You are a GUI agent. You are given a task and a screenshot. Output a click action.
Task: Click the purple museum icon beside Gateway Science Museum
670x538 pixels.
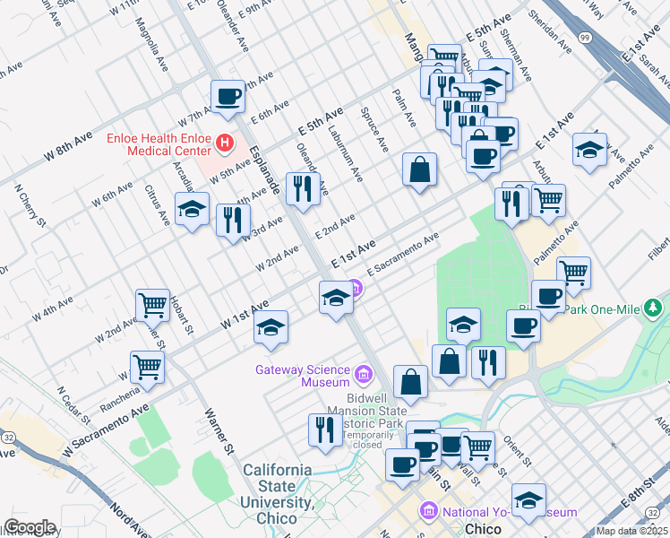(x=364, y=373)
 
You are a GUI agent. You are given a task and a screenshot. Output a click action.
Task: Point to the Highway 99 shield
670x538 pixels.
(x=584, y=37)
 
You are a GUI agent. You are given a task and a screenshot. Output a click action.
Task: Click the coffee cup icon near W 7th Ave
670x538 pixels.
(x=228, y=96)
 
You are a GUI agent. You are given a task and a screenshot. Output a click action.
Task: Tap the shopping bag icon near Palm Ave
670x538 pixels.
(x=419, y=169)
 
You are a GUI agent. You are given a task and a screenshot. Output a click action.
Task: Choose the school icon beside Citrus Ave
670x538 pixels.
(x=192, y=210)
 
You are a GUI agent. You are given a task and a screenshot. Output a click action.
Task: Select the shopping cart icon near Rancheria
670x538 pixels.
(x=147, y=365)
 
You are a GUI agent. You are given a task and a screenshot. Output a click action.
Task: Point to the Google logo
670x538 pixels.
(x=29, y=527)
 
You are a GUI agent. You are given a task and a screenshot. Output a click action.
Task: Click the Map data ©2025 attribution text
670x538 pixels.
(x=631, y=531)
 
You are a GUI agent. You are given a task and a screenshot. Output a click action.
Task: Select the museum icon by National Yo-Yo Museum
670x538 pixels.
(x=428, y=512)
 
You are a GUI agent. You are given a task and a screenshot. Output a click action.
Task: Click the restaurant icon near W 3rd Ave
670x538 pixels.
(x=233, y=220)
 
